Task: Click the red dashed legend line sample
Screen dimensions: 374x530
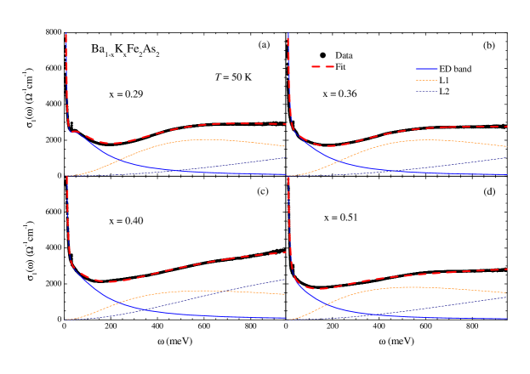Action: [322, 66]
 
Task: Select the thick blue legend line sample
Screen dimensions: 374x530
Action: [426, 69]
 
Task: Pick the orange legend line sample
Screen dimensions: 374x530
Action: [426, 80]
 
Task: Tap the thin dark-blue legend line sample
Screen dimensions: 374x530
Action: [426, 91]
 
